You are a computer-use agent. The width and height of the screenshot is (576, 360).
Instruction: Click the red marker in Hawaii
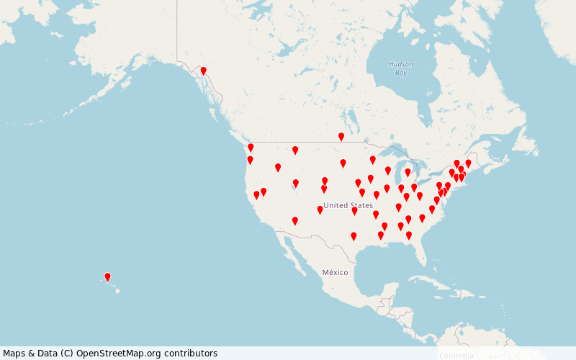[x=108, y=277]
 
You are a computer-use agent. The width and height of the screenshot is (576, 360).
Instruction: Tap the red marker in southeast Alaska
[x=204, y=71]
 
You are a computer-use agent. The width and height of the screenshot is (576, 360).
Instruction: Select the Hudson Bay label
[x=401, y=68]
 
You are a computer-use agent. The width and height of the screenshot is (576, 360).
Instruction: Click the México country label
[x=335, y=272]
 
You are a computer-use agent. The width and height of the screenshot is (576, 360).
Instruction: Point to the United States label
[x=348, y=205]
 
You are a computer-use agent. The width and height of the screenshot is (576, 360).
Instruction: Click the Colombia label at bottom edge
[x=456, y=356]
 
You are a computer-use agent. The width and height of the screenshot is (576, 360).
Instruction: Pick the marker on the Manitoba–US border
[x=341, y=137]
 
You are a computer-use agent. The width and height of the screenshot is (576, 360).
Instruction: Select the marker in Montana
[x=295, y=150]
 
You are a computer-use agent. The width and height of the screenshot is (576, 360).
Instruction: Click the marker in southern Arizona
[x=294, y=221]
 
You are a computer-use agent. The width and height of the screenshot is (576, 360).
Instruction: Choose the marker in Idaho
[x=278, y=168]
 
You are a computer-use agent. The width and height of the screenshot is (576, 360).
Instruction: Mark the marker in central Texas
[x=354, y=236]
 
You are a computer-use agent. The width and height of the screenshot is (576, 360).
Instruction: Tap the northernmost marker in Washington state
[x=251, y=148]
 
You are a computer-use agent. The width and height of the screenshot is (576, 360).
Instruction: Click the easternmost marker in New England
[x=468, y=163]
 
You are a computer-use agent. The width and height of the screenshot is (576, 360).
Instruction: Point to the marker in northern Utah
[x=296, y=184]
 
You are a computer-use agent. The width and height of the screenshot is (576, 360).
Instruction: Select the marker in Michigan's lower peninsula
[x=408, y=173]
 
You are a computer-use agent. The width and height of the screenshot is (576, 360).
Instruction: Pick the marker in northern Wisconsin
[x=373, y=160]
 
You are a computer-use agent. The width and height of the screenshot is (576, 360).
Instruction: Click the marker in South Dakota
[x=343, y=163]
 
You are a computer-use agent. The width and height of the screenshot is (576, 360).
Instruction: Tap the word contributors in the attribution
[x=191, y=353]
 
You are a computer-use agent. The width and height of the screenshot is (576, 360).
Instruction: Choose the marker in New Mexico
[x=320, y=210]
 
